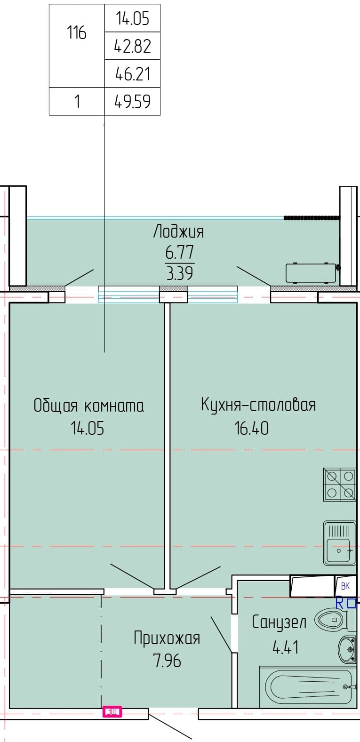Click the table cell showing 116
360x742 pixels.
pos(77,46)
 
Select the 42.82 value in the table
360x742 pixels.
pos(133,46)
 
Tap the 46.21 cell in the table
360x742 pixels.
pos(133,73)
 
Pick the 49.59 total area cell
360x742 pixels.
pos(133,101)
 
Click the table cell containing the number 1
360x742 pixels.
pos(77,101)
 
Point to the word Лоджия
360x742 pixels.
pos(178,231)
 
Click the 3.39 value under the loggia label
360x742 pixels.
pos(179,273)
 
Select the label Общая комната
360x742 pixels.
pos(89,406)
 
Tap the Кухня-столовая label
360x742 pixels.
pos(258,405)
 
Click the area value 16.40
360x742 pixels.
pos(251,428)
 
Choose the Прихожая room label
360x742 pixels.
pos(167,638)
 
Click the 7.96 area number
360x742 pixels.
pos(167,661)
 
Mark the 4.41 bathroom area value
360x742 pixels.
pos(286,647)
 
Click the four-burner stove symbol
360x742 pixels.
pos(340,484)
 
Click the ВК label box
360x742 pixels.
pos(345,586)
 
